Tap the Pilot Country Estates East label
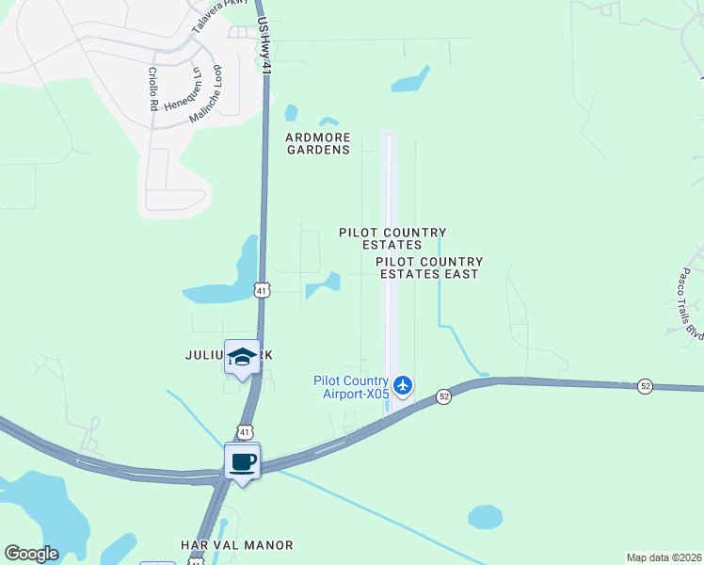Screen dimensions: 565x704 click(429, 267)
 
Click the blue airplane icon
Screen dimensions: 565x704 click(403, 384)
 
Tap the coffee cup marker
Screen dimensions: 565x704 click(243, 462)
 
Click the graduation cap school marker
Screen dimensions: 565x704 click(242, 357)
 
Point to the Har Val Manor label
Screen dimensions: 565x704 click(236, 545)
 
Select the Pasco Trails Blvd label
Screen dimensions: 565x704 click(686, 305)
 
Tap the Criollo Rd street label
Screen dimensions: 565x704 click(152, 89)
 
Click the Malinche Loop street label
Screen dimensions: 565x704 click(206, 93)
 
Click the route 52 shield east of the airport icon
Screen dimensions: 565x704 click(444, 398)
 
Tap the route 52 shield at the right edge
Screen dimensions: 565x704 click(645, 386)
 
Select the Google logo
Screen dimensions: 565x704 click(31, 554)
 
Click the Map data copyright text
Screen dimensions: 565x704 click(664, 557)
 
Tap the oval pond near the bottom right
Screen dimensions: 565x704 click(485, 517)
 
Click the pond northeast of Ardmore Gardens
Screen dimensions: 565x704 click(410, 80)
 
